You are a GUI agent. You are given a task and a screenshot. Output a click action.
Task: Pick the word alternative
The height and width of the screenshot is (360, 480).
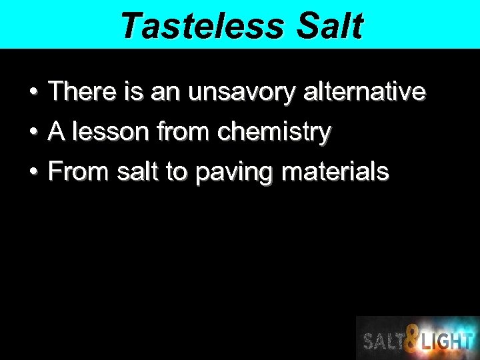[364, 91]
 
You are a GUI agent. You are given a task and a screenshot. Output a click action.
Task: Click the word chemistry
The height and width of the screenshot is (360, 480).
[274, 132]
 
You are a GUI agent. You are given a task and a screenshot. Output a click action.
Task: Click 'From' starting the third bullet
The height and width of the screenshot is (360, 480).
[79, 172]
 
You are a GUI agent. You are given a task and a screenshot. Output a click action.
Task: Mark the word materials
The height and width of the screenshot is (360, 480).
[335, 172]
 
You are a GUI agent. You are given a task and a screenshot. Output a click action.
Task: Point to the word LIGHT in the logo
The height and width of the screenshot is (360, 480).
[447, 341]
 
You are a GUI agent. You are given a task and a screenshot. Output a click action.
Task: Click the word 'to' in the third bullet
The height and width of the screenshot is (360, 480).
[176, 172]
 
